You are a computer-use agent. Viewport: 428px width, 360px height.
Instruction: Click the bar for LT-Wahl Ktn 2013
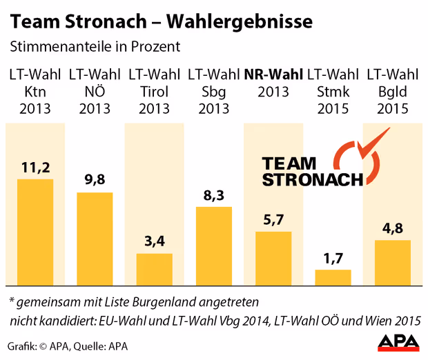[35, 232]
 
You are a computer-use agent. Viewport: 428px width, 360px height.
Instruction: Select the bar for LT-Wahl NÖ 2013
[95, 239]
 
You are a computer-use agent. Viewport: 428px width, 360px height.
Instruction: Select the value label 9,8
[95, 179]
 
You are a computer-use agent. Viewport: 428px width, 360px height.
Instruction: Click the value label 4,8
[393, 227]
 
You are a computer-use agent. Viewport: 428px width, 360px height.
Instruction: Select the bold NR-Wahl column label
[273, 74]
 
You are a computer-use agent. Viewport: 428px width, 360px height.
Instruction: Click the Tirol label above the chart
[154, 92]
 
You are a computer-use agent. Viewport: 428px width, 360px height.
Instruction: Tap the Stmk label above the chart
[333, 92]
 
